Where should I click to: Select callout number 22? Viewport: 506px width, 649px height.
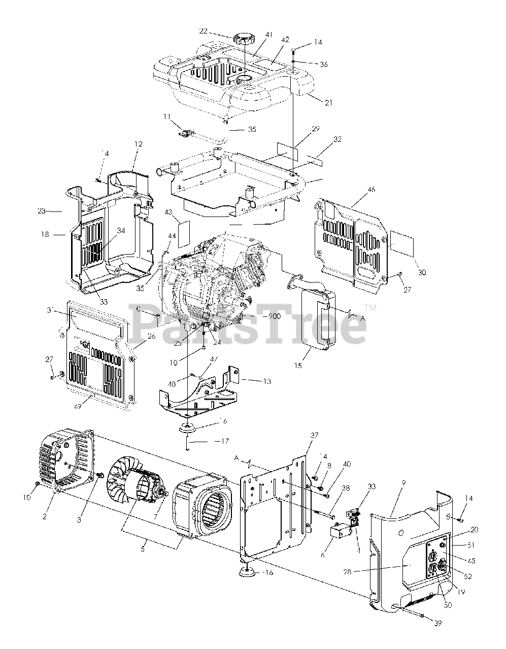(x=204, y=31)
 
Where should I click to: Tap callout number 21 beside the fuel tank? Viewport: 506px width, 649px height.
(x=329, y=102)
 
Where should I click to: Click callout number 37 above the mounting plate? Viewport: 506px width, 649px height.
(x=314, y=436)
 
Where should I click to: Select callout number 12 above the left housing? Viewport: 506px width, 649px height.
(x=138, y=144)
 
